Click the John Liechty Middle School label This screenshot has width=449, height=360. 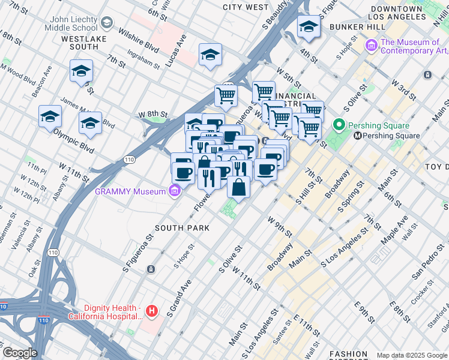click(x=73, y=23)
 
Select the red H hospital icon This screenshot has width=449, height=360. click(x=152, y=311)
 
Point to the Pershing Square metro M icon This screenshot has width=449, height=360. click(x=357, y=136)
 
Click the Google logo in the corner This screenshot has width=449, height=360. click(x=20, y=353)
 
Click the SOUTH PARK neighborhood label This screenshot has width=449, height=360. click(x=182, y=228)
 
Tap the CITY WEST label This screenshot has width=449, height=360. click(x=246, y=7)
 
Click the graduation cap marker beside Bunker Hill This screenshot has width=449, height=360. click(x=309, y=26)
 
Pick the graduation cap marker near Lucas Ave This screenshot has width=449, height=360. click(x=211, y=55)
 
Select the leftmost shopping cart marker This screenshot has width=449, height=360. click(x=226, y=94)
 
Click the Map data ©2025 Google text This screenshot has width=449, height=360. click(x=412, y=355)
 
